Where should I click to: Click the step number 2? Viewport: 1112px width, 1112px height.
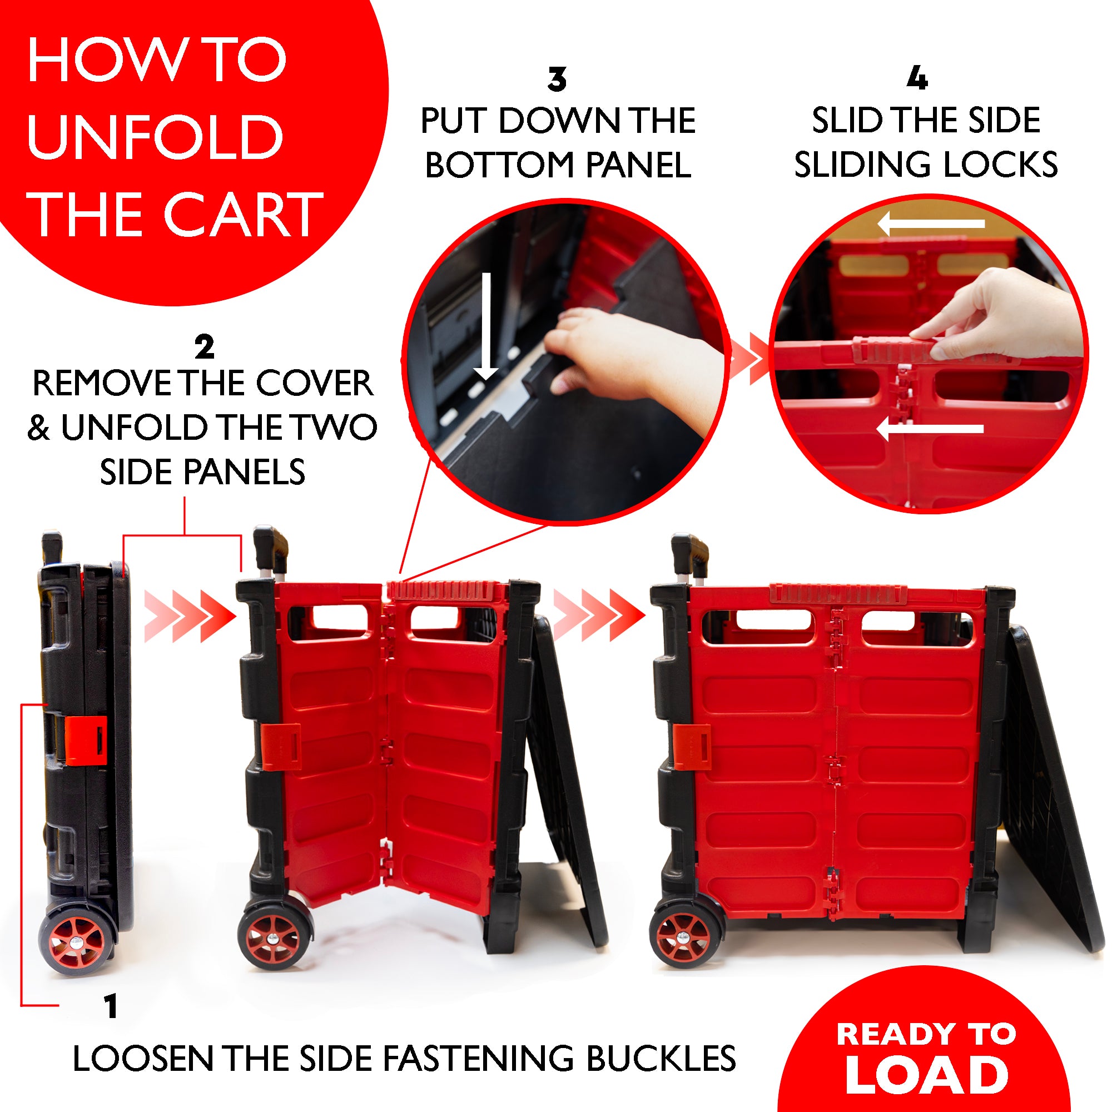pos(203,346)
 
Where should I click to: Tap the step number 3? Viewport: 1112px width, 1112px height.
pos(557,80)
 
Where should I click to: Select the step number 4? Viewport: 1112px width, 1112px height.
pos(917,78)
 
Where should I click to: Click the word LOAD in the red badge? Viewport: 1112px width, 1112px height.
pos(926,1074)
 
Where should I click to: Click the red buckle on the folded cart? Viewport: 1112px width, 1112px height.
pos(85,740)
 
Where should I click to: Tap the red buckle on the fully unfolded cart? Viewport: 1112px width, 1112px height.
pos(691,747)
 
